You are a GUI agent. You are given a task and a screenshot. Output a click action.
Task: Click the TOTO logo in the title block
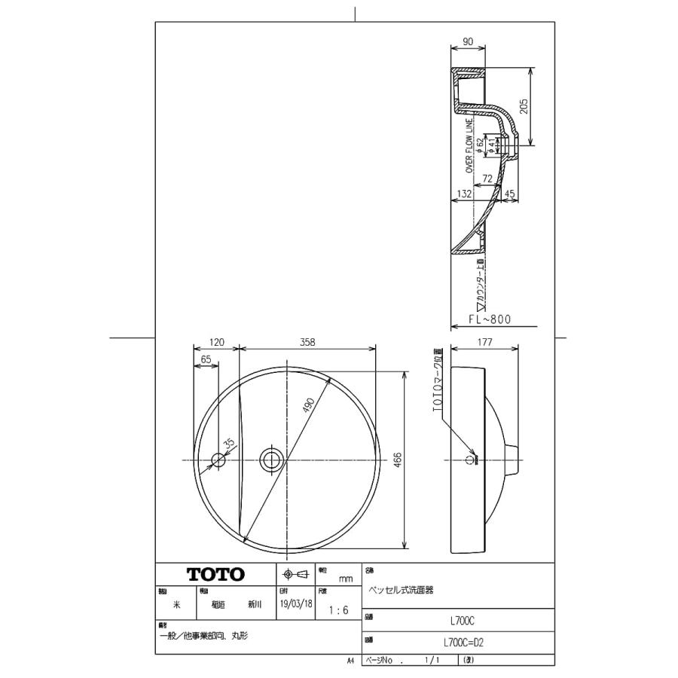coord(215,574)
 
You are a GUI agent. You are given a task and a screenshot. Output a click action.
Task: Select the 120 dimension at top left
coord(217,342)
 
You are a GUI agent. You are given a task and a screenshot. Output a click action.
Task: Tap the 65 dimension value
coord(206,360)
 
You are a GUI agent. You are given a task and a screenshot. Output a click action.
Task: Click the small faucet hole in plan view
coord(218,459)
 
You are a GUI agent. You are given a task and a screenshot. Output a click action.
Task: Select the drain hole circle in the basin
coord(270,459)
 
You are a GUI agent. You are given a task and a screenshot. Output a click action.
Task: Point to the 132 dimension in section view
coord(464,194)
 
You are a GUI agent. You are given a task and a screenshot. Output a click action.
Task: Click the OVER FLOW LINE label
coord(469,145)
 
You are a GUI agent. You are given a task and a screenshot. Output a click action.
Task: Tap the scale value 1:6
coord(339,611)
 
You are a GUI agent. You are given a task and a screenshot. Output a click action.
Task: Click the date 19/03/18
coord(295,604)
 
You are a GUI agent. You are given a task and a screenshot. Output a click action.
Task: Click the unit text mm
coord(346,579)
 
